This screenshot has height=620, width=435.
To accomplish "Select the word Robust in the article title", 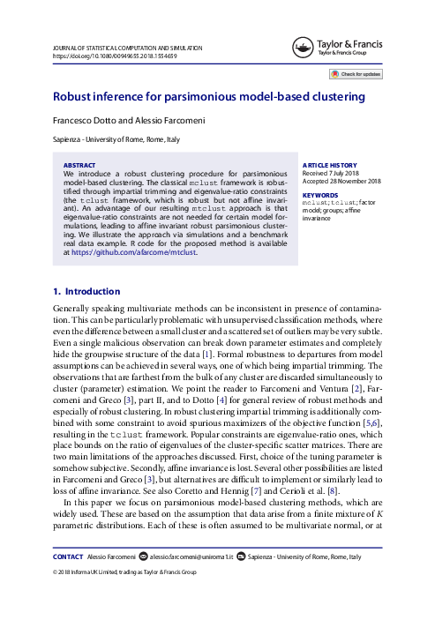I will point(73,96).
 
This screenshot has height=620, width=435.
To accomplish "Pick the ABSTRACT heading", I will point(79,165).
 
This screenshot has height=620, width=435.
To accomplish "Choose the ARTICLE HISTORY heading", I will point(330,165).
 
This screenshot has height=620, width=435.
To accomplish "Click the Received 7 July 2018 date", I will point(333,173).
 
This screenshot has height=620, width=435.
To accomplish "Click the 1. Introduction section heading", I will point(86,292).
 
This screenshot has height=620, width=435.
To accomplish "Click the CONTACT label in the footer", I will point(68,557).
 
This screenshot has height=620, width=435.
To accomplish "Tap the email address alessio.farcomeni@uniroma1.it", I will point(196,557).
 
